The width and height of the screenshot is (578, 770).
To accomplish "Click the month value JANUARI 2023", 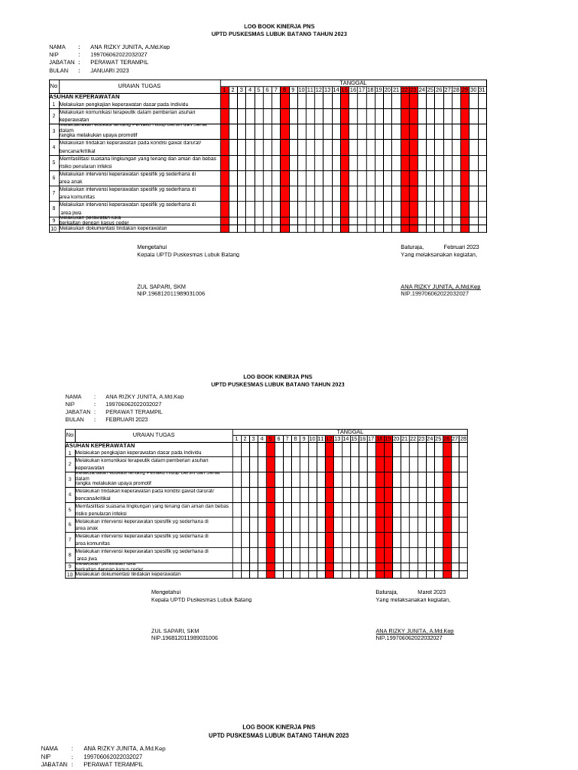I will click(109, 70).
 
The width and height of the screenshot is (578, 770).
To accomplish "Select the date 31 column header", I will click(482, 90).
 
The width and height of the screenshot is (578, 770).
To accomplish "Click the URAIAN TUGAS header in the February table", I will click(154, 435).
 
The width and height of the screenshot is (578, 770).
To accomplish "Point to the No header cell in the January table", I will click(53, 86).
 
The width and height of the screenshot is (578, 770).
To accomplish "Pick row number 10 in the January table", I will click(53, 229).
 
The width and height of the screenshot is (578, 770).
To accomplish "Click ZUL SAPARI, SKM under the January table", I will click(161, 286).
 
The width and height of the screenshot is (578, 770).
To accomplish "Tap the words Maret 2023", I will click(432, 592).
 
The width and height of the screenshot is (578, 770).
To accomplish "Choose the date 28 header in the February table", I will click(464, 438).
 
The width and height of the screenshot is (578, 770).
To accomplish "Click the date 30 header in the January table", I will click(474, 90).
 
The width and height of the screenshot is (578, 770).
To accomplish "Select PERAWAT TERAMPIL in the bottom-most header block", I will click(112, 764).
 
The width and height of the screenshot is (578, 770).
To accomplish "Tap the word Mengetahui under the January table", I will click(151, 247).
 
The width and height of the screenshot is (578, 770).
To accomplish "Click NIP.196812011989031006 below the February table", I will click(184, 638).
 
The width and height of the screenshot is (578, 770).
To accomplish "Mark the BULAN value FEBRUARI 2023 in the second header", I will click(126, 420).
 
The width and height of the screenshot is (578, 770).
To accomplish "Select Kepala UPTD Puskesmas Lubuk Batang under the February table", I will click(202, 599).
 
